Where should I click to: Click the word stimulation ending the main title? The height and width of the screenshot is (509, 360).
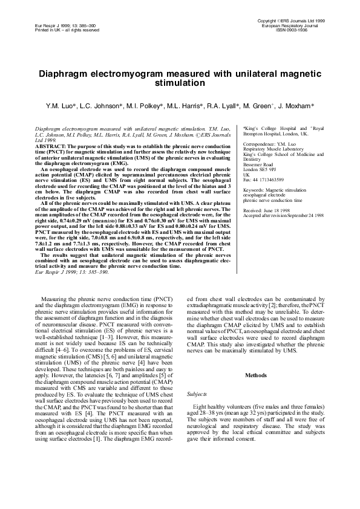[x=180, y=83]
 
